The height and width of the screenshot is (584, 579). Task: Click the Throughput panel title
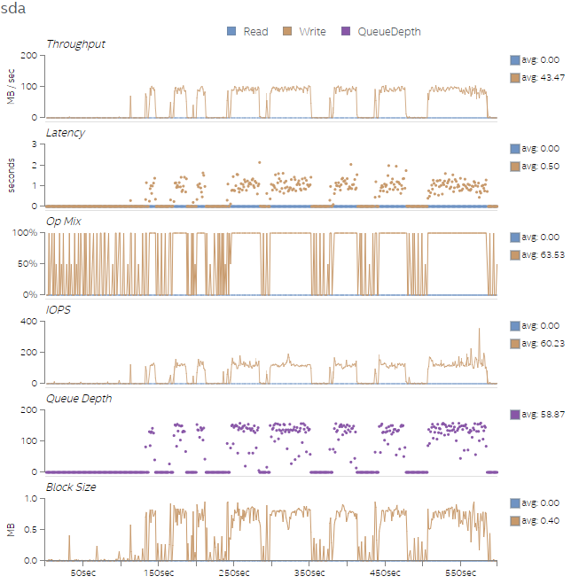coord(75,44)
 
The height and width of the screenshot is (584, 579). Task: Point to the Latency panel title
coord(66,133)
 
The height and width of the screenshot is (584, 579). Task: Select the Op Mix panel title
coord(64,222)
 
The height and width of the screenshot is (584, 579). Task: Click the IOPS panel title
coord(58,310)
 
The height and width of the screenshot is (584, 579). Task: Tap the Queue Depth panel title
coord(79,399)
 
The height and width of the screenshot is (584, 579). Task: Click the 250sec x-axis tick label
coord(234,574)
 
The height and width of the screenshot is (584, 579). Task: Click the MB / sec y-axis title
coord(11,87)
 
